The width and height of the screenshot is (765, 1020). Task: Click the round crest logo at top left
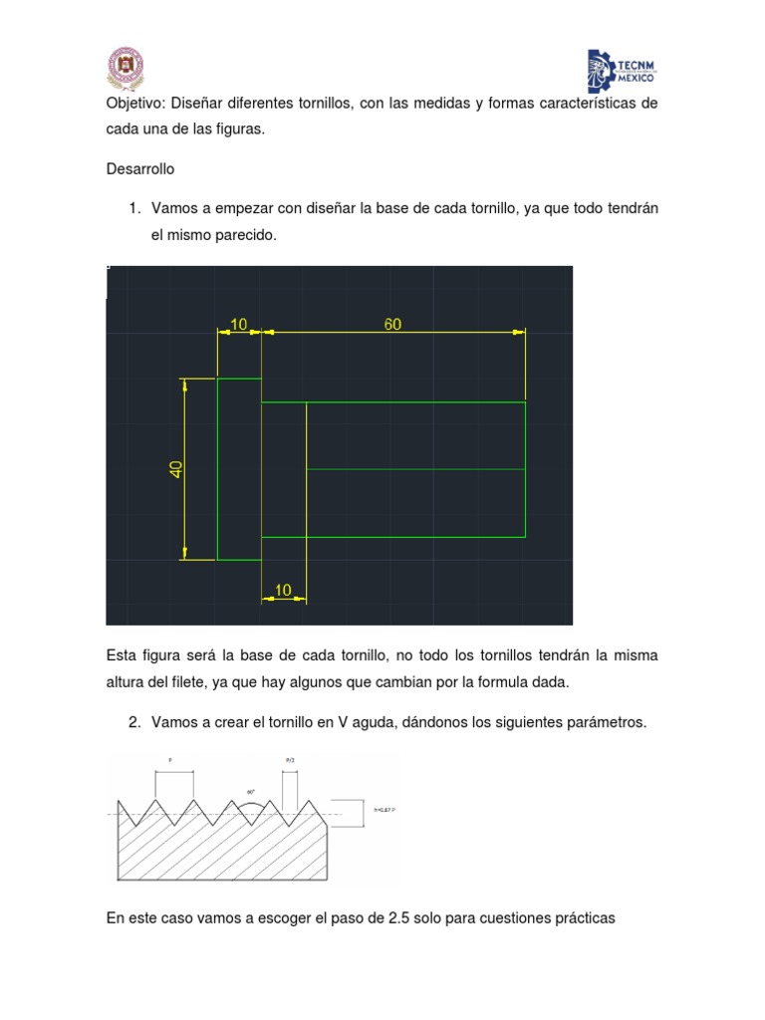tap(126, 68)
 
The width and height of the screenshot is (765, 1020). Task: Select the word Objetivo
tap(135, 104)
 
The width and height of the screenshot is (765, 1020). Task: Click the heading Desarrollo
tap(140, 169)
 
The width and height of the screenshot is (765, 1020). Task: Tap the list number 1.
tap(133, 208)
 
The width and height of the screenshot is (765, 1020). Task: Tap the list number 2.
tap(133, 722)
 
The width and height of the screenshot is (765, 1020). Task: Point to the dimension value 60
tap(393, 325)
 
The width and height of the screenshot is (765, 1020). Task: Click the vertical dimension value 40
tap(176, 469)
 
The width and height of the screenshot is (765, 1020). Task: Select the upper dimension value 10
tap(239, 325)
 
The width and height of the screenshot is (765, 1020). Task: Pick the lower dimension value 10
tap(283, 591)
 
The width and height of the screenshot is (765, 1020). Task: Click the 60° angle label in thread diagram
tap(252, 793)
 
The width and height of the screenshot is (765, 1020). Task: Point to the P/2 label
tap(290, 760)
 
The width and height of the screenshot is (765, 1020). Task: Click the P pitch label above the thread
tap(170, 759)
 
